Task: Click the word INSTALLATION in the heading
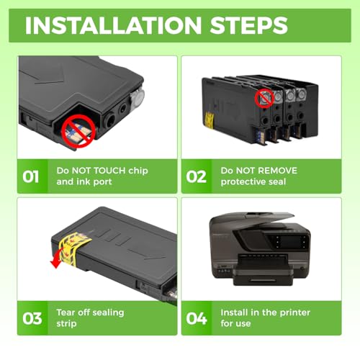[x=113, y=25]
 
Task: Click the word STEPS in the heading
[x=248, y=25]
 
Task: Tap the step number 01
[x=31, y=177]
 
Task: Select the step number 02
[x=196, y=177]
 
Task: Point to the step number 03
[x=32, y=318]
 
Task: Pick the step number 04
[x=197, y=318]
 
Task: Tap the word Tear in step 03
[x=66, y=312]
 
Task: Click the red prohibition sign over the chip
[x=78, y=131]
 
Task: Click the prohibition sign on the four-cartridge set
[x=264, y=99]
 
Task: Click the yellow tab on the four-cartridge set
[x=210, y=120]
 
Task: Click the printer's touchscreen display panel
[x=290, y=241]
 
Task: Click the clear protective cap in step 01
[x=137, y=96]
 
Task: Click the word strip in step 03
[x=66, y=324]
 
